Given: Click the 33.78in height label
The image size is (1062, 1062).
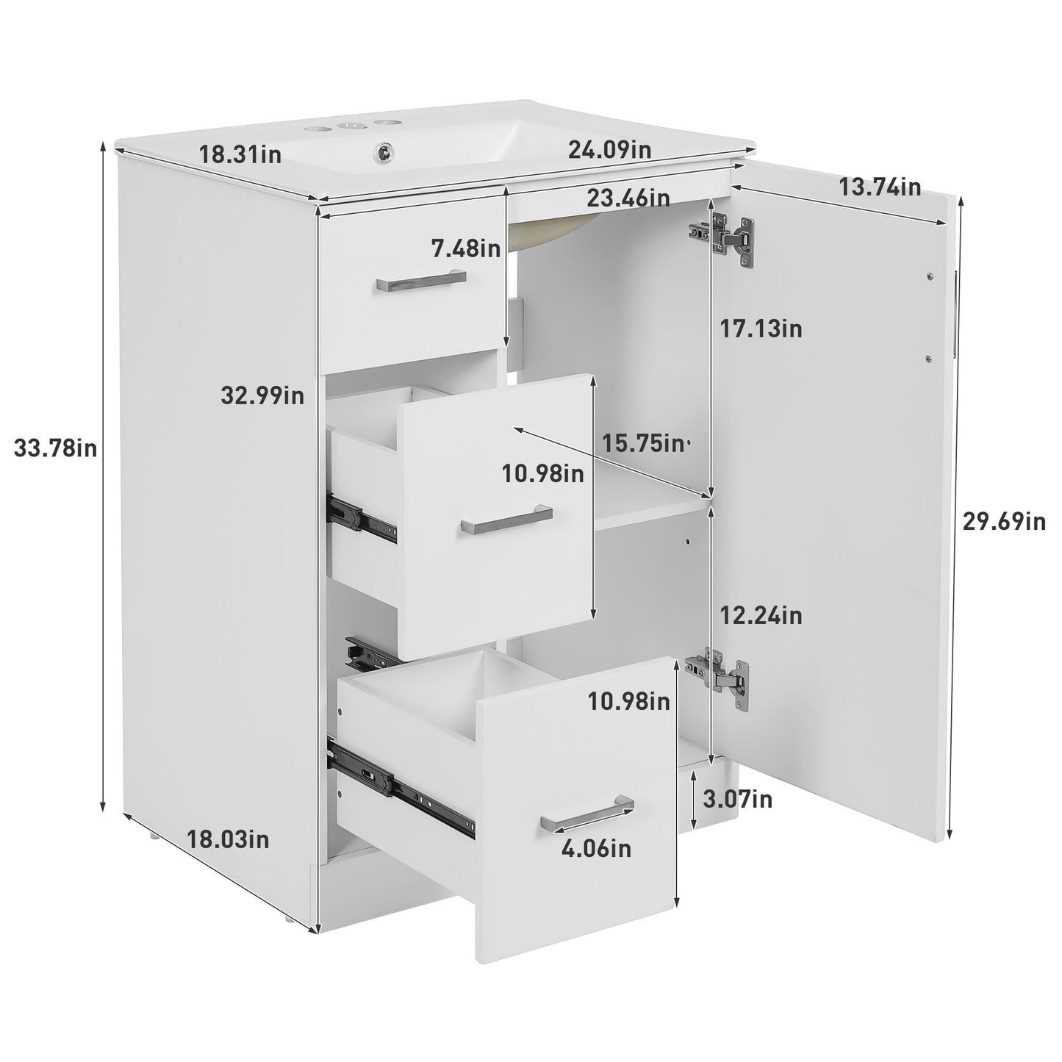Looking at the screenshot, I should pyautogui.click(x=56, y=448).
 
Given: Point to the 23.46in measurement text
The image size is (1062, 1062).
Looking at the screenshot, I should pyautogui.click(x=628, y=198).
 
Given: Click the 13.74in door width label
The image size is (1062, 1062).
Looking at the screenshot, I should pyautogui.click(x=880, y=187).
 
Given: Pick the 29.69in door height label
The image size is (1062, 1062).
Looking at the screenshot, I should pyautogui.click(x=1004, y=522).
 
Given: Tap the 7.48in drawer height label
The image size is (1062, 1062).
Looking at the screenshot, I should pyautogui.click(x=466, y=248).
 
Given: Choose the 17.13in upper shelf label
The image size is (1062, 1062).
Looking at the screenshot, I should pyautogui.click(x=760, y=329).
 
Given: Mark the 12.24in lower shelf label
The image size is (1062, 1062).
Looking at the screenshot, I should pyautogui.click(x=761, y=614).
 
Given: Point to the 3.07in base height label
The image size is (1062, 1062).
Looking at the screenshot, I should pyautogui.click(x=737, y=799).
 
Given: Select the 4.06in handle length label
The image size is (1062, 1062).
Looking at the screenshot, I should pyautogui.click(x=596, y=849).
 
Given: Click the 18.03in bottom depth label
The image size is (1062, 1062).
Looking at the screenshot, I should pyautogui.click(x=228, y=839).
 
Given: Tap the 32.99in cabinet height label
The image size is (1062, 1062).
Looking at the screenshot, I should pyautogui.click(x=262, y=396).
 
